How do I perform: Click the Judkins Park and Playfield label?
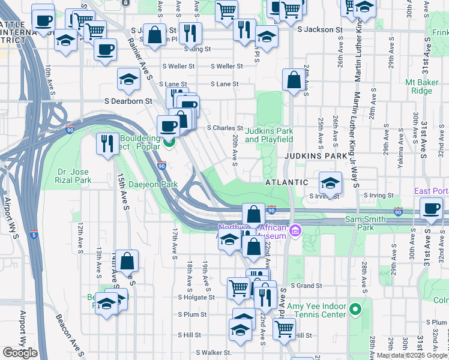point(269,135)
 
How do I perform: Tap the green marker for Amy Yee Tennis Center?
point(355,310)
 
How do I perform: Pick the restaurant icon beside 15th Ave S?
point(107,144)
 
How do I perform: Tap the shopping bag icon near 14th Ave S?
point(127,260)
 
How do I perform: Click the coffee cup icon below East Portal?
point(431,208)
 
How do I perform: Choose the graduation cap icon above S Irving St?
point(330,182)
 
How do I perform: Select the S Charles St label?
point(224,128)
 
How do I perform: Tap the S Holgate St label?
point(196,297)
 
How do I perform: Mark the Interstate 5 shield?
point(34,233)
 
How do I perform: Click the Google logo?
point(20,353)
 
